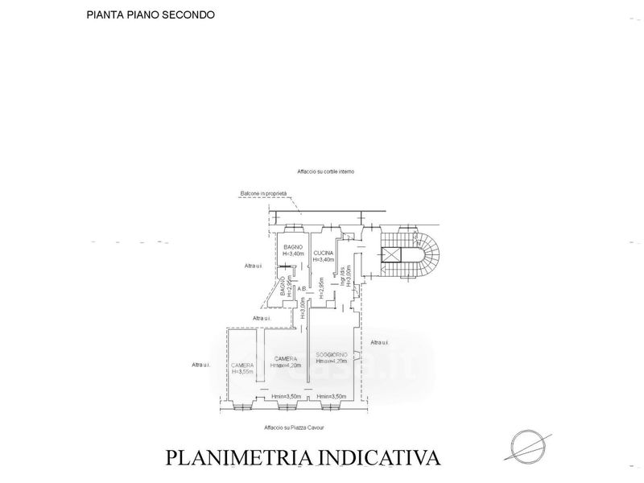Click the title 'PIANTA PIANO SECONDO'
pyautogui.click(x=151, y=14)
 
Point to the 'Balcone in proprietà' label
pyautogui.click(x=263, y=193)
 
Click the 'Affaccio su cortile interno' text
pyautogui.click(x=325, y=171)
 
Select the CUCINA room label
pyautogui.click(x=324, y=253)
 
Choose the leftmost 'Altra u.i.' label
pyautogui.click(x=201, y=365)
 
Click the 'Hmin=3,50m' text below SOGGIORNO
pyautogui.click(x=332, y=396)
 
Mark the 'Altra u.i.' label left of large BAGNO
pyautogui.click(x=254, y=266)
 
